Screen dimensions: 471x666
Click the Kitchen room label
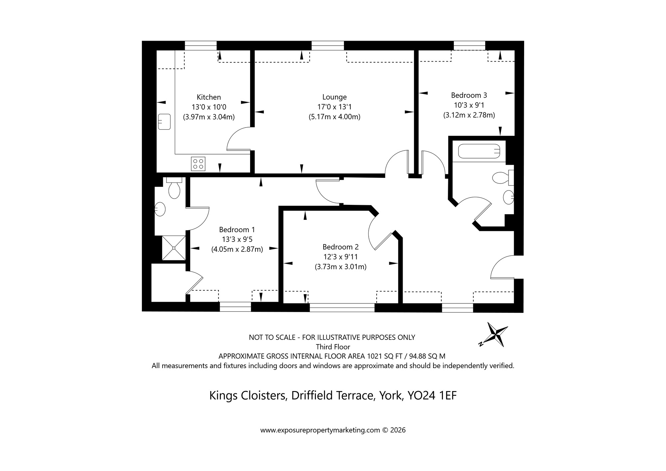209,97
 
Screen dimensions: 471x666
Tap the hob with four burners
198,164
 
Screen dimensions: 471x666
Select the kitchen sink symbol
165,122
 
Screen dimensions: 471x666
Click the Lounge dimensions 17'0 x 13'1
334,107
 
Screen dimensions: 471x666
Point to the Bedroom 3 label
469,95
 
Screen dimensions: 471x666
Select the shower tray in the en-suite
173,247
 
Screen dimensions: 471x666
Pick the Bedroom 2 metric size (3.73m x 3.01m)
341,267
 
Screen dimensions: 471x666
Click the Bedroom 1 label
237,230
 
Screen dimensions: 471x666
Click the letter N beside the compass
481,344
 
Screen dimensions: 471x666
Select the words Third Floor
333,347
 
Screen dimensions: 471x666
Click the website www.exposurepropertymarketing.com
320,430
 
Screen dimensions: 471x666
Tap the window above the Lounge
328,46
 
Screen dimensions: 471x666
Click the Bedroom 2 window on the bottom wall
342,307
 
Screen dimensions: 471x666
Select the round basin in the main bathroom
508,197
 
